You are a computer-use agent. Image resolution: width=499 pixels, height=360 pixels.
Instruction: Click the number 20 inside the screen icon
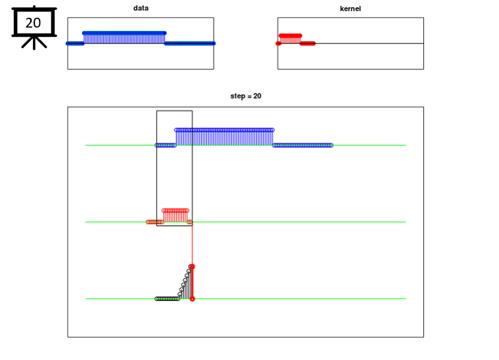[x=33, y=23]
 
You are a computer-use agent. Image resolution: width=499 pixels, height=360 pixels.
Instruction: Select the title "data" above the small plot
[x=141, y=8]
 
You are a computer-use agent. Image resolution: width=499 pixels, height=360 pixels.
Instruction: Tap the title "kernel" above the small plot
[x=350, y=9]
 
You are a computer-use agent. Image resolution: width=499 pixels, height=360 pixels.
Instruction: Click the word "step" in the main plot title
[x=237, y=96]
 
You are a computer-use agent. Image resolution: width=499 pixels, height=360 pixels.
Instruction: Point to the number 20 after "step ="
[x=257, y=96]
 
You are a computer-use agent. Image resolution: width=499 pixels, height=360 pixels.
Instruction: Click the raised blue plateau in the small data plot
[x=124, y=37]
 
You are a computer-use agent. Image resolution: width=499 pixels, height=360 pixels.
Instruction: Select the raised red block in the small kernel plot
[x=290, y=39]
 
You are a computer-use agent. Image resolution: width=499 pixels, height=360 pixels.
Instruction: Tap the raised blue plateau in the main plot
[x=224, y=137]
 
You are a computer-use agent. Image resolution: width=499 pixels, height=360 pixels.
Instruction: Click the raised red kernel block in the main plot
[x=176, y=215]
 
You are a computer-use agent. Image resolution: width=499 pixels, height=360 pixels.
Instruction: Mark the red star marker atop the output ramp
[x=192, y=267]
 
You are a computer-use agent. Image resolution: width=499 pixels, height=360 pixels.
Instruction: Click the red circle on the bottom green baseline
[x=192, y=299]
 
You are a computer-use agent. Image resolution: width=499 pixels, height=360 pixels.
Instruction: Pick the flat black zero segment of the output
[x=167, y=299]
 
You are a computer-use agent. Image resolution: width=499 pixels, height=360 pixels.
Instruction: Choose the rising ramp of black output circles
[x=185, y=281]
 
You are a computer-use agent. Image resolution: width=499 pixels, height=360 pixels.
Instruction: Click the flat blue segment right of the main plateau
[x=302, y=145]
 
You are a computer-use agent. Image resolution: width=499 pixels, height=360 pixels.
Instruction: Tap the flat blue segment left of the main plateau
[x=166, y=145]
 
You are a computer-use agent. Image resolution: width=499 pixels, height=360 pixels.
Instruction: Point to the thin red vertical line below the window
[x=192, y=245]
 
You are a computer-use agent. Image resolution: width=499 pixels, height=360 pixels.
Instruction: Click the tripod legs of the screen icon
[x=34, y=42]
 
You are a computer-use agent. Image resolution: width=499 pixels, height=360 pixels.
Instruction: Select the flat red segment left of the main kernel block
[x=154, y=222]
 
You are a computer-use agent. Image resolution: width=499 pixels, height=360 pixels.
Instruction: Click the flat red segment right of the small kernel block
[x=308, y=43]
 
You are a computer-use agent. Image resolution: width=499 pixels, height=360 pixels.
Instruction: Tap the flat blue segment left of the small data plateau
[x=75, y=43]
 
